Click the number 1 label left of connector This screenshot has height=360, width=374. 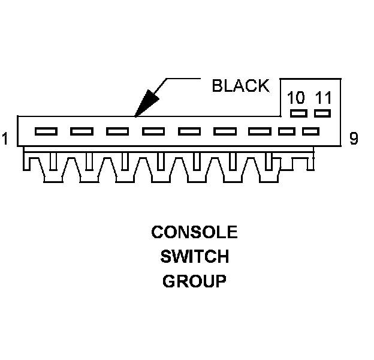[x=5, y=139]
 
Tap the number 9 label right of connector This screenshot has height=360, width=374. [x=354, y=139]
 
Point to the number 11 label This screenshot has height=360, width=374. [x=322, y=98]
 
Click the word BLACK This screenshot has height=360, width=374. [x=240, y=86]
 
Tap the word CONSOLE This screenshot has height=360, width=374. [x=194, y=232]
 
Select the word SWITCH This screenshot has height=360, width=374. [x=194, y=257]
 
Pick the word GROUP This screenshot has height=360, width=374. [x=194, y=281]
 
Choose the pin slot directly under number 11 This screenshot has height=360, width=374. [x=322, y=113]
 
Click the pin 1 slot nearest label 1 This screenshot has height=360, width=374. [x=46, y=131]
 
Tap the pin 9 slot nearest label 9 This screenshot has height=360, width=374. [x=310, y=131]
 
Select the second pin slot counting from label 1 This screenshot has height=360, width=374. [x=82, y=131]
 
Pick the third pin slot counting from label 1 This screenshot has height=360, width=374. [x=117, y=131]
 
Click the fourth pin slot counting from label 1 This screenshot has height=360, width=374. [x=153, y=131]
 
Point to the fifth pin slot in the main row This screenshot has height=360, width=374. [x=189, y=131]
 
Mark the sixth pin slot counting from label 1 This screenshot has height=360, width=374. [x=225, y=131]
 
